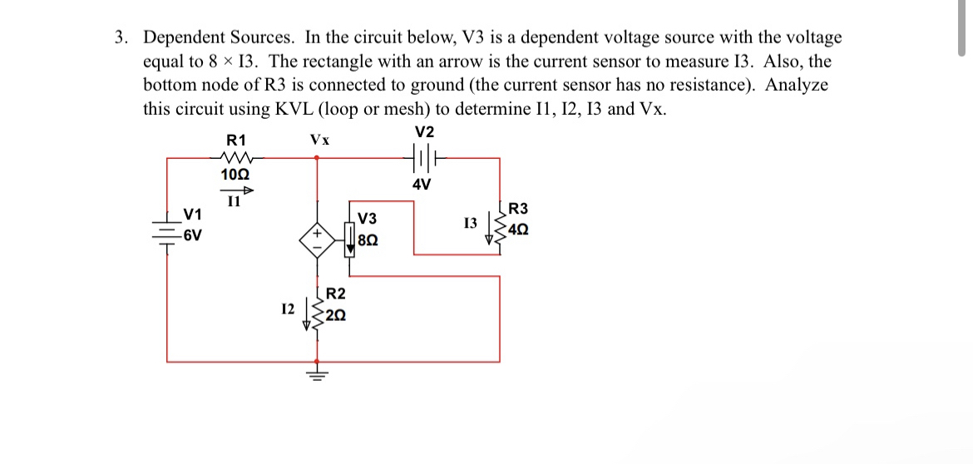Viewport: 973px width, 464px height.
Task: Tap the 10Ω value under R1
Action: click(235, 175)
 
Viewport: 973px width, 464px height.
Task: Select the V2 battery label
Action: click(424, 132)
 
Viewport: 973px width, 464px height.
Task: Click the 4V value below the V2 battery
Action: click(422, 185)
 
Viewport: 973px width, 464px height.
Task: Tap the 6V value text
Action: click(192, 235)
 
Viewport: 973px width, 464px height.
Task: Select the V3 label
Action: click(367, 220)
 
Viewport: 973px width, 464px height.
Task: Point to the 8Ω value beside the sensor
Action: click(368, 240)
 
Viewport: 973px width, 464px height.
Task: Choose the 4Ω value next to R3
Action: click(517, 229)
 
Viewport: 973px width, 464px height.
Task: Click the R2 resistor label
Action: click(336, 294)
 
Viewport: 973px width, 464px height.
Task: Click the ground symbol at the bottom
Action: click(316, 373)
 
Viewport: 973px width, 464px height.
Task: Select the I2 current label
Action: click(288, 309)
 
